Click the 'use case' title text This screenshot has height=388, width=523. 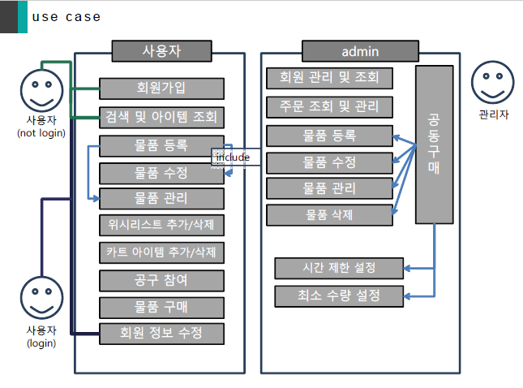point(66,16)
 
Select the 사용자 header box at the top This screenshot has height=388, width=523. point(161,51)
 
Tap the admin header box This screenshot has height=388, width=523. point(361,51)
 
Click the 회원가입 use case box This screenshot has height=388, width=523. point(161,88)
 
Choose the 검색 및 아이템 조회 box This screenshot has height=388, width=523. point(161,117)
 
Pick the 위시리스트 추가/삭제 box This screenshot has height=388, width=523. point(161,224)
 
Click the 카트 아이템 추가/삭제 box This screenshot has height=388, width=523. point(161,252)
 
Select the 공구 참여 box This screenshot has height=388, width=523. point(161,280)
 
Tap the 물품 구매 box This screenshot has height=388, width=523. point(161,308)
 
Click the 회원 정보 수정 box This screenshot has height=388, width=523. point(161,334)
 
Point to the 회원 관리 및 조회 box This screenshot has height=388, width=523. point(329,78)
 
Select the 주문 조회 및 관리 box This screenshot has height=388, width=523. point(329,106)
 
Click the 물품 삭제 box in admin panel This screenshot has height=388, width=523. point(329,215)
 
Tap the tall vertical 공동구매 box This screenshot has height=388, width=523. point(434,144)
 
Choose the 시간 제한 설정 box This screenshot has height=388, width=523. point(339,268)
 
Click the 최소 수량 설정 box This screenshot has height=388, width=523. point(339,295)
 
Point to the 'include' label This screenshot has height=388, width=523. point(233,157)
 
